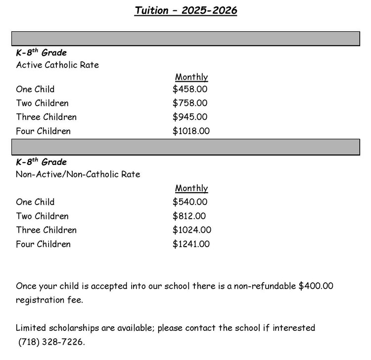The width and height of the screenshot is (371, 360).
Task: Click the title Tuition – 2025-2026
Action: pyautogui.click(x=185, y=11)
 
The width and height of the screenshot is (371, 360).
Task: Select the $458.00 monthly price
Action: pyautogui.click(x=190, y=90)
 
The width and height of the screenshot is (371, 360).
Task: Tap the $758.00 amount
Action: pyautogui.click(x=190, y=103)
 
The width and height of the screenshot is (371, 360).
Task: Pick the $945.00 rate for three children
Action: pyautogui.click(x=190, y=117)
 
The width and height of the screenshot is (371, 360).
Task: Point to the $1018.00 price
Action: pyautogui.click(x=191, y=131)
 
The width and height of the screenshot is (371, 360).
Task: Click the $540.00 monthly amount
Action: pyautogui.click(x=190, y=202)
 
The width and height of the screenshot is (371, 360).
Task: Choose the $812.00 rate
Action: pyautogui.click(x=190, y=216)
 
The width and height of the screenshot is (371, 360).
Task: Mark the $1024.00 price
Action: pyautogui.click(x=192, y=230)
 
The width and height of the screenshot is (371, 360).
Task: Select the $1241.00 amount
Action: pyautogui.click(x=191, y=244)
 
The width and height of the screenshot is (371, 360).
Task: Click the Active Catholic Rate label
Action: pyautogui.click(x=57, y=65)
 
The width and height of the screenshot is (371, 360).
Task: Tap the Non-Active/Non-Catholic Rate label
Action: pyautogui.click(x=78, y=174)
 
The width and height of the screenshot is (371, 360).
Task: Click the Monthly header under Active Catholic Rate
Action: pyautogui.click(x=191, y=77)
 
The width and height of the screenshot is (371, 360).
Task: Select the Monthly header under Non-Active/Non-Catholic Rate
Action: pyautogui.click(x=191, y=189)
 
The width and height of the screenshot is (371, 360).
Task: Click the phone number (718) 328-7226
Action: pyautogui.click(x=51, y=342)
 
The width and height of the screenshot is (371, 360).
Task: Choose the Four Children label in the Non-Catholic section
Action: pyautogui.click(x=43, y=244)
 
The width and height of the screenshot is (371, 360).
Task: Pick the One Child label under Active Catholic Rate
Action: pyautogui.click(x=35, y=90)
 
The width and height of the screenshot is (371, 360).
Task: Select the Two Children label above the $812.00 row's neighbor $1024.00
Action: pyautogui.click(x=42, y=216)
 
